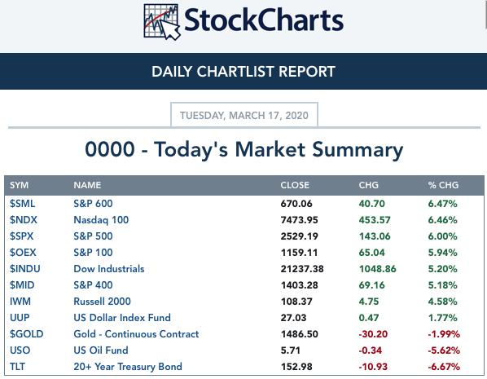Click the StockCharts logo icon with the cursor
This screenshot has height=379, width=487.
tap(162, 21)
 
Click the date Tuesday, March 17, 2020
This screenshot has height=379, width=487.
tap(244, 116)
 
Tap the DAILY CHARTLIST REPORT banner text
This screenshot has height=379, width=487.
tap(243, 72)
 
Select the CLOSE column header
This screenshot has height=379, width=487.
tap(295, 185)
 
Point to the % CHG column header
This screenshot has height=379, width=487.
tap(443, 185)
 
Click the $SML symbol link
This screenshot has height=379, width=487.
tap(22, 204)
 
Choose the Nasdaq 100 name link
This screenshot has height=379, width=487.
tap(101, 220)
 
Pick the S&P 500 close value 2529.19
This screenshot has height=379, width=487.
tap(300, 236)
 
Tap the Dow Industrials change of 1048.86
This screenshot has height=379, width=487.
tap(378, 269)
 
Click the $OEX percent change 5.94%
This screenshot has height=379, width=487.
tap(442, 253)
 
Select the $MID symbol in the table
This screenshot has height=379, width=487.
tap(22, 285)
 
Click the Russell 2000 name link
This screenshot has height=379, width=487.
tap(102, 302)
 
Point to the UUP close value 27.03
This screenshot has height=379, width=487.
tap(293, 318)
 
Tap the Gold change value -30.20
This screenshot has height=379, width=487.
tap(373, 334)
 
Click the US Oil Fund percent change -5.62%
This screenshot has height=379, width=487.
tap(444, 350)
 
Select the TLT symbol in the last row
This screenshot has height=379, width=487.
tap(17, 367)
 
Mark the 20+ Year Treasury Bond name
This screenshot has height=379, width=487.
tap(128, 367)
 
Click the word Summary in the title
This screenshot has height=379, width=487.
tap(358, 150)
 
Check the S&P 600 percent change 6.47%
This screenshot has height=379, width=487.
tap(442, 204)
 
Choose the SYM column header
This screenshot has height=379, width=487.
tap(19, 185)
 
